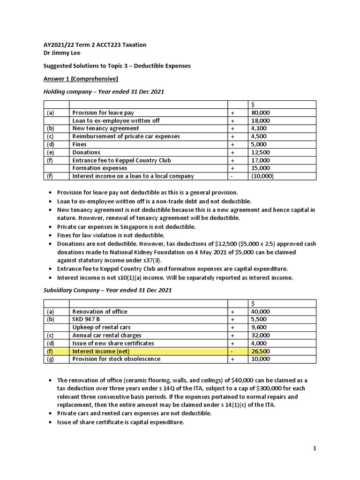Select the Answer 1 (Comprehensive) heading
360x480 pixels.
74,78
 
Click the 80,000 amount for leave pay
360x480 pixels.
261,113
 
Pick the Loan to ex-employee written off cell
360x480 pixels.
116,121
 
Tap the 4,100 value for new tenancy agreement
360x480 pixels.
259,128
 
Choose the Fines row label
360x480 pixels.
79,144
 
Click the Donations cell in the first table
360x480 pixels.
86,152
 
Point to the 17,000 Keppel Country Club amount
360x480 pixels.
261,160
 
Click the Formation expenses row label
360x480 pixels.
99,168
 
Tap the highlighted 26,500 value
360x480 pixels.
261,351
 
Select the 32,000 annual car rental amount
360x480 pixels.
261,335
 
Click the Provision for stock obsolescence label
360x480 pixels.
116,359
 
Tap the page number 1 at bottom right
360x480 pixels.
315,449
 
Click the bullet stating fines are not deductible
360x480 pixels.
111,235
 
